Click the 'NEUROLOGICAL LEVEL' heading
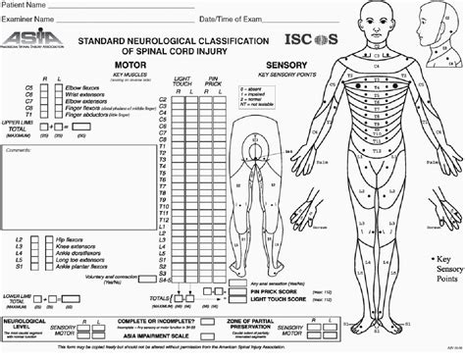[x=28, y=320]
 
